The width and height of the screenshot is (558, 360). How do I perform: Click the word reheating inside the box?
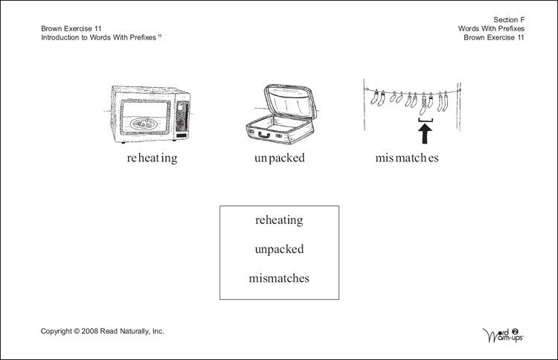click(x=279, y=221)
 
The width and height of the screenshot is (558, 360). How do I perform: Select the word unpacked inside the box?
click(x=279, y=249)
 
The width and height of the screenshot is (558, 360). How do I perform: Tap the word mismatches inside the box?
click(x=279, y=278)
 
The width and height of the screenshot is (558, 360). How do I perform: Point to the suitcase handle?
click(x=263, y=135)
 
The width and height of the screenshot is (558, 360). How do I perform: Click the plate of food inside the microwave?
click(x=144, y=123)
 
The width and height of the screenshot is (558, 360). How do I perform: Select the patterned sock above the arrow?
click(x=423, y=104)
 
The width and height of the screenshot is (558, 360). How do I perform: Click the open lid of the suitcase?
click(x=291, y=101)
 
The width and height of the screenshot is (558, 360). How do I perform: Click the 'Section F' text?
click(x=509, y=20)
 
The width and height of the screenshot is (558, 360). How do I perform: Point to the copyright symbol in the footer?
click(x=77, y=332)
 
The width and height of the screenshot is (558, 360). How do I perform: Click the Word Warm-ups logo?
click(x=503, y=335)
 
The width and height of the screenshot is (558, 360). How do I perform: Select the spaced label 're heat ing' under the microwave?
click(x=153, y=158)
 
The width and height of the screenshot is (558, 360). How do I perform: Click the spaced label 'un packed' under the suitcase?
click(x=279, y=158)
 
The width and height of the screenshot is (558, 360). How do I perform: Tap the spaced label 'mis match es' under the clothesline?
click(x=407, y=158)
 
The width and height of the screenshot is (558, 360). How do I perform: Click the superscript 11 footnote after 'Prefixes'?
click(x=160, y=36)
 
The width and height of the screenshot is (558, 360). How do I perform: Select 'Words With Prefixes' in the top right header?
click(x=492, y=29)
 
